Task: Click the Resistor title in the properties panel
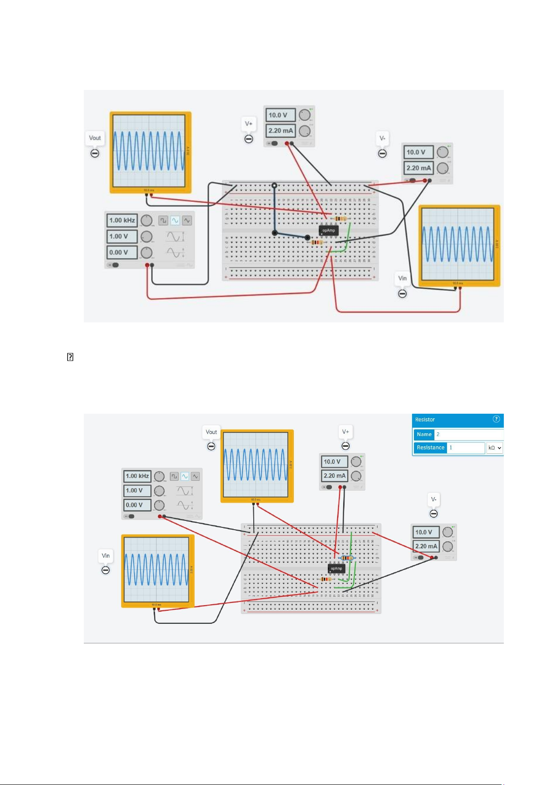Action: tap(425, 420)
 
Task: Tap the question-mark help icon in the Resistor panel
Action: tap(496, 419)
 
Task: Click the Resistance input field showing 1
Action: tap(466, 448)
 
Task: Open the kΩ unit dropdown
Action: tap(494, 448)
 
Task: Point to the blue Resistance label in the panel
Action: tap(430, 448)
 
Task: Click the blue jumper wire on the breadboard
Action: tap(275, 210)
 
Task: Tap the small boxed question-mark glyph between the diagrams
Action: tap(70, 357)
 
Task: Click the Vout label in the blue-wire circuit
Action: tap(95, 138)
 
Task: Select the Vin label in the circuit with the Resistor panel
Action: tap(106, 556)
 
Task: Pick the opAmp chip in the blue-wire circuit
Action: tap(328, 230)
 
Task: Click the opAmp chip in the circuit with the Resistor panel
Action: tap(336, 568)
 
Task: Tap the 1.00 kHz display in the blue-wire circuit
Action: tap(122, 220)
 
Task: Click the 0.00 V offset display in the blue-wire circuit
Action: tap(122, 253)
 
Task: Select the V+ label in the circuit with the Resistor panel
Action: tap(345, 432)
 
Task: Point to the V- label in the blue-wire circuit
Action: tap(382, 138)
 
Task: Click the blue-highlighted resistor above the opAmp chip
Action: tap(347, 558)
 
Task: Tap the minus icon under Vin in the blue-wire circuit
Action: tap(402, 294)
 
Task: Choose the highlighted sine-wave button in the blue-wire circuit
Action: tap(175, 220)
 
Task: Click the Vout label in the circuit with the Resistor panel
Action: tap(211, 432)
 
